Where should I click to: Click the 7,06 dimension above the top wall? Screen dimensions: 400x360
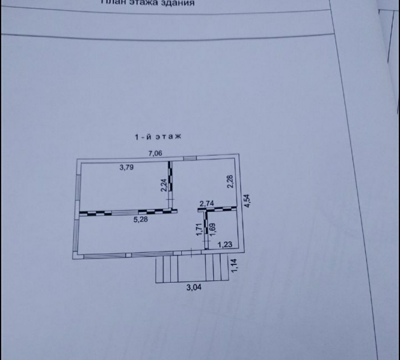156,154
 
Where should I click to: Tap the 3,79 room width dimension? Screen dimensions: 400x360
127,167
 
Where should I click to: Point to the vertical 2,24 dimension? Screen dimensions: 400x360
163,184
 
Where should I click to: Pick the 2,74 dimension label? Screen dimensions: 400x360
207,203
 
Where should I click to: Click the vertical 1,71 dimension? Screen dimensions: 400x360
199,230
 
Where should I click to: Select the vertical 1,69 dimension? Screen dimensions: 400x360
213,229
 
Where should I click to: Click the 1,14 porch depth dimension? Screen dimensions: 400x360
234,266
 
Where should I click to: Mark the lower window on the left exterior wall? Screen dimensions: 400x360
77,235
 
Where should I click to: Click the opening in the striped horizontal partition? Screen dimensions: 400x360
124,213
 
